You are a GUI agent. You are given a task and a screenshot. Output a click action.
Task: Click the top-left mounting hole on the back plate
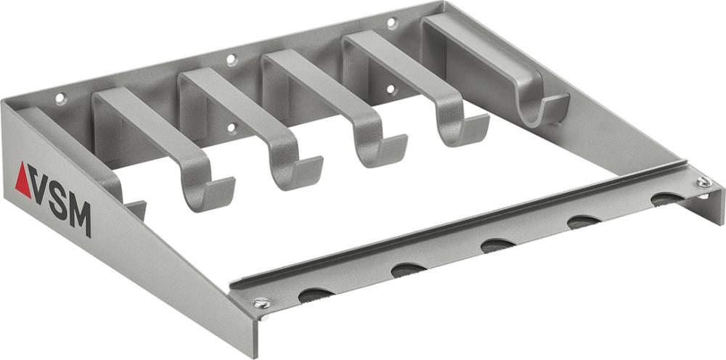(x=61, y=98)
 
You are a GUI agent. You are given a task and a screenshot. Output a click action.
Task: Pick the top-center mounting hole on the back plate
(x=232, y=60)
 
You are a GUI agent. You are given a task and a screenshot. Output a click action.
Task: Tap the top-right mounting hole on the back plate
(x=392, y=23)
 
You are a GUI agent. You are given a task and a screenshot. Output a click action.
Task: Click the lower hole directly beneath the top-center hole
(x=232, y=128)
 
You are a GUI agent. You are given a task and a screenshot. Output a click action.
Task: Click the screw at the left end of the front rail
(x=261, y=303)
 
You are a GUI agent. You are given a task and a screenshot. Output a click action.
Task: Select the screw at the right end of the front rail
(x=703, y=183)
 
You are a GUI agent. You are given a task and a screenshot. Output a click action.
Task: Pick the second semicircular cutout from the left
(x=408, y=270)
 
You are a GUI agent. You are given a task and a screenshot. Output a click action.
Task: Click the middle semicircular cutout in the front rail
(x=498, y=245)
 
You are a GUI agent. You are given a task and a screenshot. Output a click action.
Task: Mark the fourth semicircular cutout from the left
(x=583, y=221)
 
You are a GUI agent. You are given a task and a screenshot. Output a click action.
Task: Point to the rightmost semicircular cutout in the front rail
(x=667, y=197)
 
